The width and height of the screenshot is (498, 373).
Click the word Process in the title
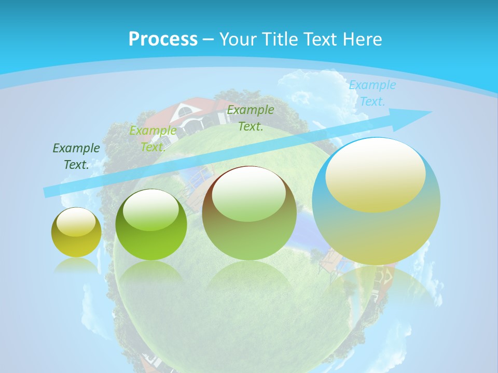[x=163, y=39]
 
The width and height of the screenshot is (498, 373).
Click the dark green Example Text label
[x=76, y=156]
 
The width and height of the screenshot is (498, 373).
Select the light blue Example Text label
[x=372, y=93]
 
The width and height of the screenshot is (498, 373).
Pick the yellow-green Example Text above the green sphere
[x=153, y=139]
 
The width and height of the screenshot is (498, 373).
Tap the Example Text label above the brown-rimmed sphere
[x=251, y=118]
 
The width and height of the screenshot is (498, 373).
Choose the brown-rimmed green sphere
[x=249, y=213]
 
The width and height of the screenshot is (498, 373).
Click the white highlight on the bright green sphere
[x=150, y=210]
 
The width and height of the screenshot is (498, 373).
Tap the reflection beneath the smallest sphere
[x=76, y=266]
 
